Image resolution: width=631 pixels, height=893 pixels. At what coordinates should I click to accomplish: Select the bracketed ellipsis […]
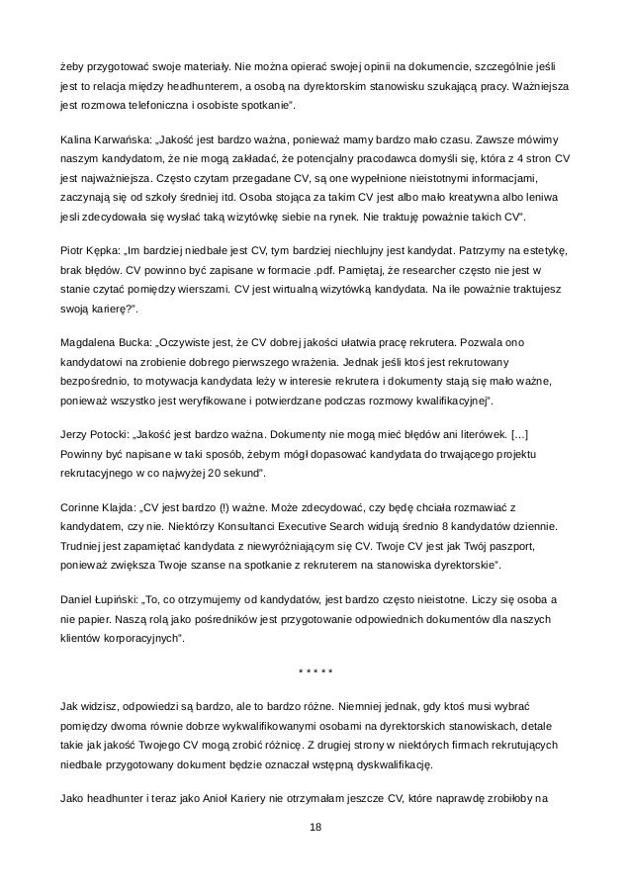(x=525, y=435)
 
